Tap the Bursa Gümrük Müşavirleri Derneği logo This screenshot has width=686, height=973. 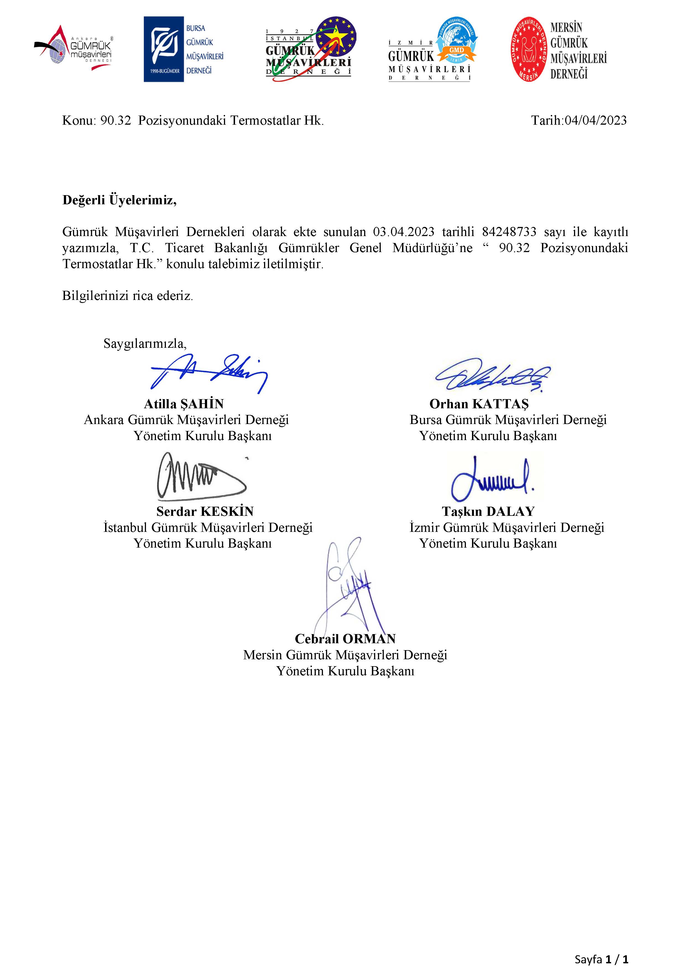coord(183,49)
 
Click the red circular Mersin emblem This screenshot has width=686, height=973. coord(528,49)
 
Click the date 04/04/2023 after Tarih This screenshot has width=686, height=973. coord(595,121)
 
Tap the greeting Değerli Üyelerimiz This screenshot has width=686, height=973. coord(119,200)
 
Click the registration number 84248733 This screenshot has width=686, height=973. coord(509,232)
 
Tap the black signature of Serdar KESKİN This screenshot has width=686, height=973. coord(200,477)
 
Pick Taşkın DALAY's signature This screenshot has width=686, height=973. coord(492,479)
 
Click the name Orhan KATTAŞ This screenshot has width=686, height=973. coord(479,404)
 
